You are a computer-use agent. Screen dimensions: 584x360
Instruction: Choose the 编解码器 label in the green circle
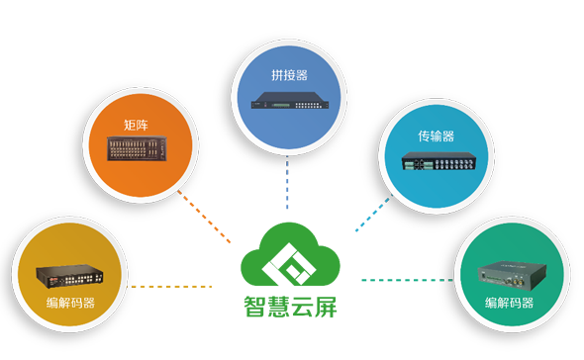click(x=509, y=301)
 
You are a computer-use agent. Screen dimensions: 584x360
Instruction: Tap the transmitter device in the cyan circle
click(x=437, y=164)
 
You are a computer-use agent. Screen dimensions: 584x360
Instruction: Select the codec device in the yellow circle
click(x=69, y=276)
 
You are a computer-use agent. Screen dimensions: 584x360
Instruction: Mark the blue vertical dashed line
click(x=288, y=183)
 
